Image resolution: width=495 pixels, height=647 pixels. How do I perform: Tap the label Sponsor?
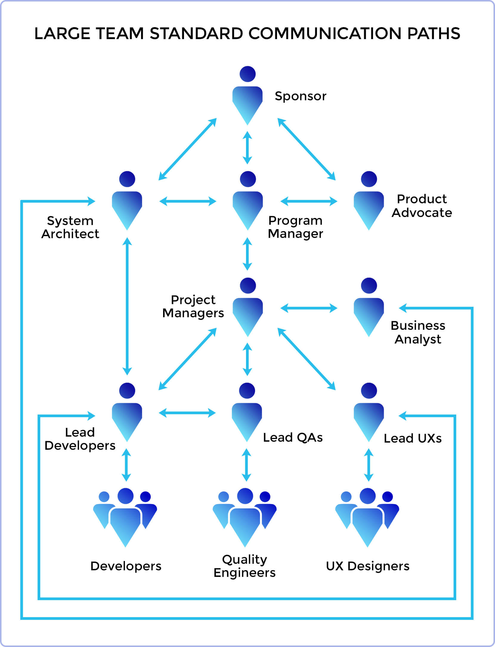coord(300,96)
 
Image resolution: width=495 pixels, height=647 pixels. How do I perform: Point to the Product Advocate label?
coord(422,206)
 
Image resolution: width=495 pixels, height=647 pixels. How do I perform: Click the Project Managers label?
coord(193,306)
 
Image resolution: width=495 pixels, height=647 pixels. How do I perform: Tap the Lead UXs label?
coord(412,438)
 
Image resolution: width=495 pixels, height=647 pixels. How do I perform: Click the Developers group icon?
coord(125,518)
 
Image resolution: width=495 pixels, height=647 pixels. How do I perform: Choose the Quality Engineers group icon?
coord(245,518)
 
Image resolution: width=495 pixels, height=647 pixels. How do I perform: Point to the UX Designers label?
coord(367,566)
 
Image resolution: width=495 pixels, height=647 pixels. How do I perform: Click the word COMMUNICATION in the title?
coord(325,33)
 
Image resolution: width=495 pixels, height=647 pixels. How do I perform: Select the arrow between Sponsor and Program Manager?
coord(247,148)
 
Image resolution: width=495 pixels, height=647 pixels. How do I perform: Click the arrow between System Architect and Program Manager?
coord(188,201)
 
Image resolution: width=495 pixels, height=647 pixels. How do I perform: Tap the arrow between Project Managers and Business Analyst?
coord(309,308)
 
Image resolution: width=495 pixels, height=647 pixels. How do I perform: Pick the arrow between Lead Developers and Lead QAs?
coord(187,413)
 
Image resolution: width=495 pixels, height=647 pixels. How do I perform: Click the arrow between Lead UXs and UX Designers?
coord(369,465)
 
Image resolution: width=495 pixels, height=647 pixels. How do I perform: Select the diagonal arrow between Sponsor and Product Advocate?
coord(307,149)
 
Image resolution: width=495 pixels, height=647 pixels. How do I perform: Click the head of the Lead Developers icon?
coord(127,391)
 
